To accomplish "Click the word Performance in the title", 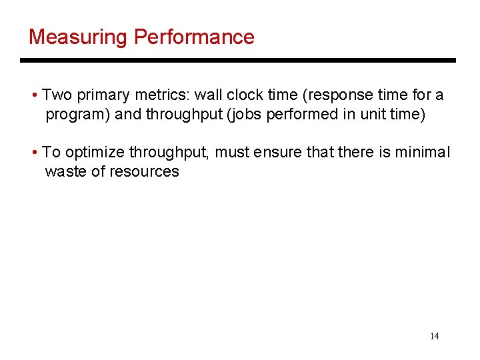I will coord(194,37).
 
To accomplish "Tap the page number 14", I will coord(434,336).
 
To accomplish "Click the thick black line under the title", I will coord(237,61).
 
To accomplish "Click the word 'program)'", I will coord(78,114).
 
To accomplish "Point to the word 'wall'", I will coord(207,95).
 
